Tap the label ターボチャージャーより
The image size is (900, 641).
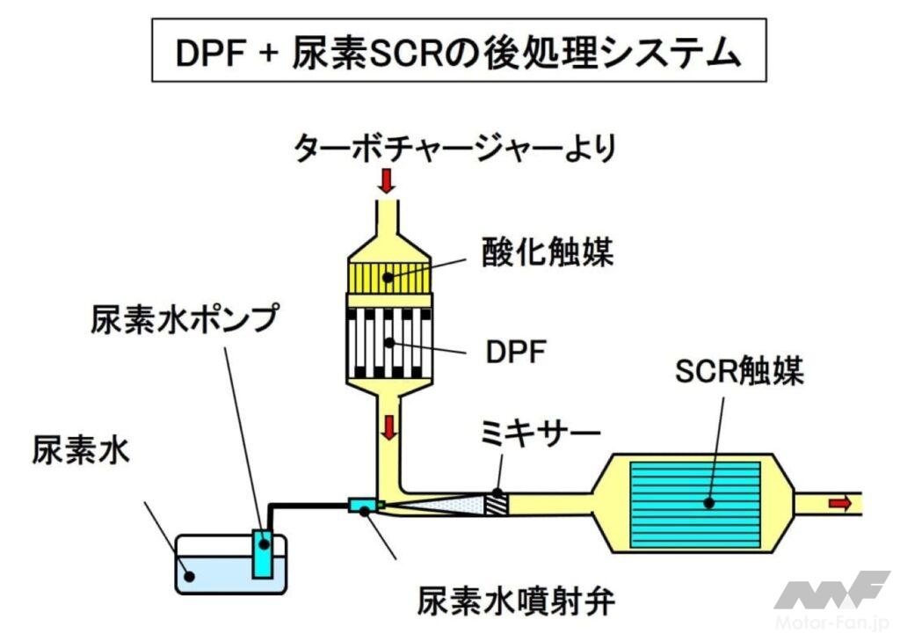pyautogui.click(x=457, y=147)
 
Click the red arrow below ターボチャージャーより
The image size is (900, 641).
pyautogui.click(x=387, y=182)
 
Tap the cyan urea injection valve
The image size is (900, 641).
pyautogui.click(x=361, y=505)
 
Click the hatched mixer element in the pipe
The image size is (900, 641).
pyautogui.click(x=497, y=504)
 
